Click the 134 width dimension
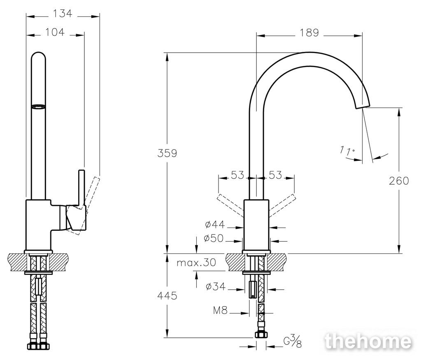point(63,13)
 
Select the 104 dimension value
point(55,32)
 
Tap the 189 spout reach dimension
point(309,33)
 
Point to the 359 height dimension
point(167,153)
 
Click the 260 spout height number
point(399,181)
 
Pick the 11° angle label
point(347,150)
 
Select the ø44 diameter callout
point(215,224)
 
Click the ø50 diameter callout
point(214,238)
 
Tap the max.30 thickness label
point(196,262)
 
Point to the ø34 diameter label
point(216,286)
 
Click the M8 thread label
point(220,310)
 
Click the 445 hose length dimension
point(167,295)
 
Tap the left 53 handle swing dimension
point(237,175)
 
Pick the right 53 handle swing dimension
point(275,175)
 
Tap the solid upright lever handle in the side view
point(81,188)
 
